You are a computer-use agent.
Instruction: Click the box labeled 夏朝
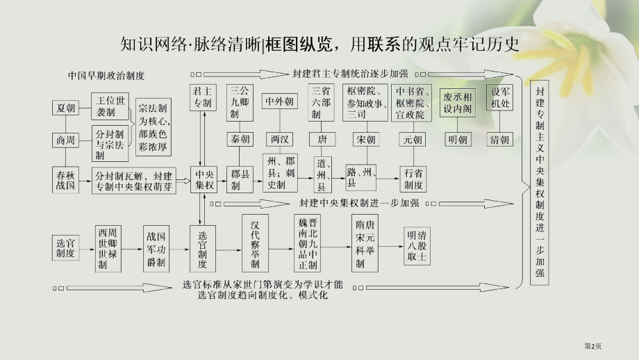click(x=65, y=108)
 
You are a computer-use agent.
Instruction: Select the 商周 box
click(x=65, y=140)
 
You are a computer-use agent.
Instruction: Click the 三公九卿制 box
click(x=240, y=102)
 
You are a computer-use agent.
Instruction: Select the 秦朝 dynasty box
click(x=240, y=139)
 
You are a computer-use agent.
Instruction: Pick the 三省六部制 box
click(x=321, y=102)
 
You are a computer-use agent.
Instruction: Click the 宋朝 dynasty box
click(x=366, y=139)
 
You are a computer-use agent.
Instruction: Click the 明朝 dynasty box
click(x=458, y=139)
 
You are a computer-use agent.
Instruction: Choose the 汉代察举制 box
click(x=255, y=244)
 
